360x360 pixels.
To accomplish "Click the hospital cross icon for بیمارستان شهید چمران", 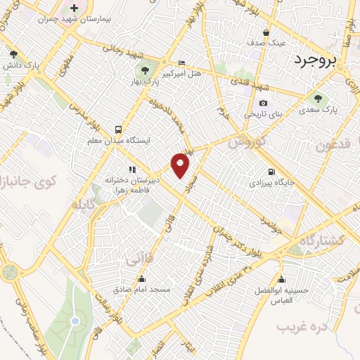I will coord(74,8).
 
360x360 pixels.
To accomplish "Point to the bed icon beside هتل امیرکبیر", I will coord(181,63).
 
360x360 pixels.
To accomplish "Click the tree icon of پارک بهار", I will coord(145,70).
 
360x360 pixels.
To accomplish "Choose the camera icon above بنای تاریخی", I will coord(263,103).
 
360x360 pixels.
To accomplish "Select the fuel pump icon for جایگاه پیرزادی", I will coord(271,172).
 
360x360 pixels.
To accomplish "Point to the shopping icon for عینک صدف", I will coord(266,32).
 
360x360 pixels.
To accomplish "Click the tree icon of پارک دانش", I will coord(13,53).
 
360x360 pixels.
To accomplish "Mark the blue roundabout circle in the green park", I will coord(74,321).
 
